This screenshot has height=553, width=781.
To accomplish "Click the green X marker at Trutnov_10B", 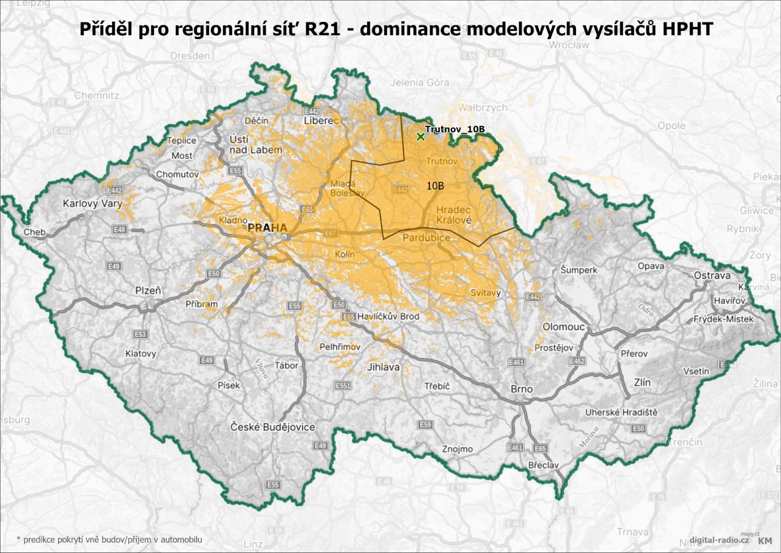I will pyautogui.click(x=420, y=137).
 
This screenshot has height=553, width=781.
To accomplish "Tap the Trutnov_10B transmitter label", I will pyautogui.click(x=454, y=129).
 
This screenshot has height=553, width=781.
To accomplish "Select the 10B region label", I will pyautogui.click(x=435, y=186).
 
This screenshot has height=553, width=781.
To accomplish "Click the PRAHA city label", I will pyautogui.click(x=267, y=228).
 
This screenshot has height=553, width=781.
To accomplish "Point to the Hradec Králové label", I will pyautogui.click(x=453, y=215).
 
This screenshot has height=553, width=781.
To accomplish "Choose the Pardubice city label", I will pyautogui.click(x=426, y=238).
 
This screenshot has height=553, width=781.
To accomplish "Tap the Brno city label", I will pyautogui.click(x=521, y=389).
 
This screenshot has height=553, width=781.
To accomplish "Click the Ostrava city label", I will pyautogui.click(x=712, y=276).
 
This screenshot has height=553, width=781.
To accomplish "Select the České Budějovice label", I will pyautogui.click(x=272, y=427).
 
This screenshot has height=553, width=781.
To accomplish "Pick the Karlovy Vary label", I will pyautogui.click(x=92, y=203).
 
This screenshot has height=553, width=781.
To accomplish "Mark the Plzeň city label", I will pyautogui.click(x=148, y=290).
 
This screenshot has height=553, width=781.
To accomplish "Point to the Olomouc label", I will pyautogui.click(x=563, y=326).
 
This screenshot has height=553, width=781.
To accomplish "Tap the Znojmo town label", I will pyautogui.click(x=457, y=448).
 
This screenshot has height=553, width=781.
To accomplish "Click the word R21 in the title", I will pyautogui.click(x=322, y=29).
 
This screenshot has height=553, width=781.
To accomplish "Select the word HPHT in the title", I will pyautogui.click(x=687, y=29).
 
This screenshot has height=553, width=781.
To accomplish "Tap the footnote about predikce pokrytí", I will pyautogui.click(x=109, y=539).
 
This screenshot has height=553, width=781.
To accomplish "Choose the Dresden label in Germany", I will pyautogui.click(x=190, y=56).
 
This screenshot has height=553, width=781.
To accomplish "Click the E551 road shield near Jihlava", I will pyautogui.click(x=343, y=385).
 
